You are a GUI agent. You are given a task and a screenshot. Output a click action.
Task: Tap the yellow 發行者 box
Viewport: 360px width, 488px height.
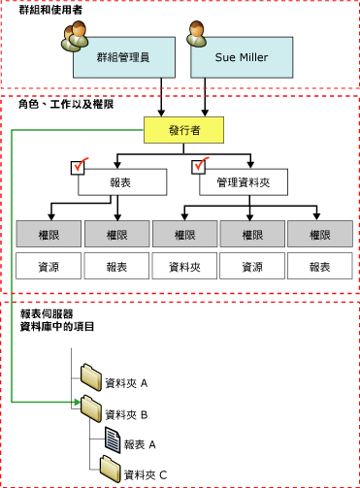coord(182,128)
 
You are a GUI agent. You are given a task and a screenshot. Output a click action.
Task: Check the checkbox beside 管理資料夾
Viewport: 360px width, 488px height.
coord(200,167)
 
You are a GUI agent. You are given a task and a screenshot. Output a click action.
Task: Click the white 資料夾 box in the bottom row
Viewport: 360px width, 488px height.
coord(182,266)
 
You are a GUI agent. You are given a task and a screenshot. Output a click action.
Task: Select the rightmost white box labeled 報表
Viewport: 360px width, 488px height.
coord(318,266)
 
